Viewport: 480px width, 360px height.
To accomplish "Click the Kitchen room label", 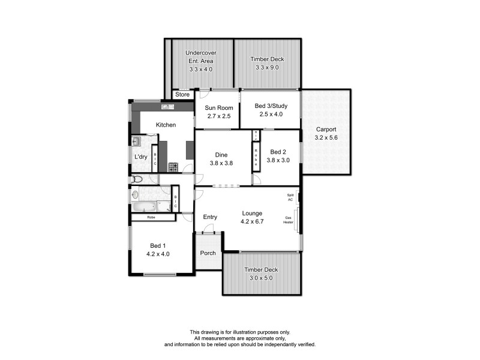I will click(166, 125).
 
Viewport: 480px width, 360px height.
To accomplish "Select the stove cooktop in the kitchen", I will click(173, 167).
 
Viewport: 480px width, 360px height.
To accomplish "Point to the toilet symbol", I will click(136, 179).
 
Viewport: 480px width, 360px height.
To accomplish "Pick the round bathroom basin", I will click(135, 194).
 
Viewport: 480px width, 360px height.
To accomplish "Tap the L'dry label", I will click(140, 157).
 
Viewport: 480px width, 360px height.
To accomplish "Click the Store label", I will click(182, 95).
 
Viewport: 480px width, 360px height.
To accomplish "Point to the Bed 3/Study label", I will click(269, 106).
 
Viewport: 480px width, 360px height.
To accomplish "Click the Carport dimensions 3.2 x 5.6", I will click(326, 137).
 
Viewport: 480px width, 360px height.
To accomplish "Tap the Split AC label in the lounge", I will click(290, 197).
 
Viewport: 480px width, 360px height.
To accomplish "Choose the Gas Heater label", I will click(289, 220).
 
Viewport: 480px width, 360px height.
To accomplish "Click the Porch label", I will click(208, 253).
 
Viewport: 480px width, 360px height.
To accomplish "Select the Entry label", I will click(210, 217).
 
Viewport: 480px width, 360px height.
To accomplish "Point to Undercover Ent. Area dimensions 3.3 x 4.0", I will click(200, 70).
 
